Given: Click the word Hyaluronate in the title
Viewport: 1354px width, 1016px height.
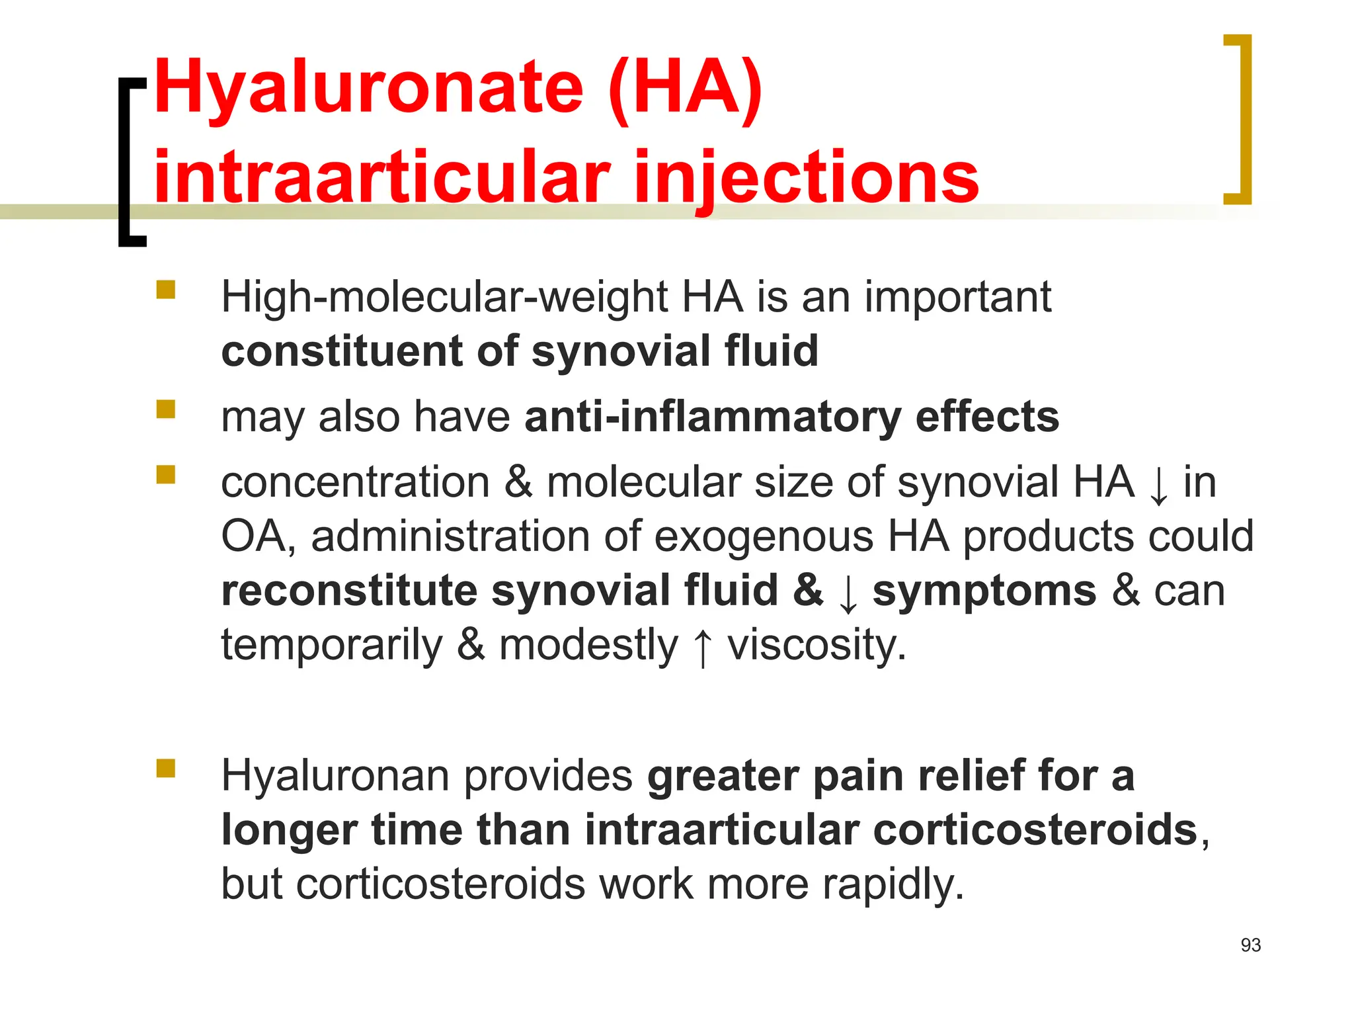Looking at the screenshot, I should (368, 88).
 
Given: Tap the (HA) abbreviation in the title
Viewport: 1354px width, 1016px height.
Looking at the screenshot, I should (686, 88).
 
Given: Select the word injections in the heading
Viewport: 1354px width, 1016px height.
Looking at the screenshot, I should (806, 177).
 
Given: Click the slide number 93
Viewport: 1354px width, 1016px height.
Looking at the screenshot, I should (1250, 945).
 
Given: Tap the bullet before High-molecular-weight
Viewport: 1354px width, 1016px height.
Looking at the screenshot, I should (166, 290).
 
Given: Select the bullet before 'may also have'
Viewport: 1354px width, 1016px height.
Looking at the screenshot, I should (166, 409).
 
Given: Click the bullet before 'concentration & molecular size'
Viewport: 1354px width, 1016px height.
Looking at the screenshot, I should (166, 475).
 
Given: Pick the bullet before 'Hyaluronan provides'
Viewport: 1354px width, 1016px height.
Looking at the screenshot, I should (166, 768).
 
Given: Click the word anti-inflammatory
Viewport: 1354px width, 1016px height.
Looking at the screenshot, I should (713, 417).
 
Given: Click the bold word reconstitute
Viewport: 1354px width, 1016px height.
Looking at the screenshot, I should (349, 590).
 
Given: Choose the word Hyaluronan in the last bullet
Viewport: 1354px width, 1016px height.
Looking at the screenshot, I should (335, 775).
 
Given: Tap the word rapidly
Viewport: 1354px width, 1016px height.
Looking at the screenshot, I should (893, 884).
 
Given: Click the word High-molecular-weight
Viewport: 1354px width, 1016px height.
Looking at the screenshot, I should (444, 297).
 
